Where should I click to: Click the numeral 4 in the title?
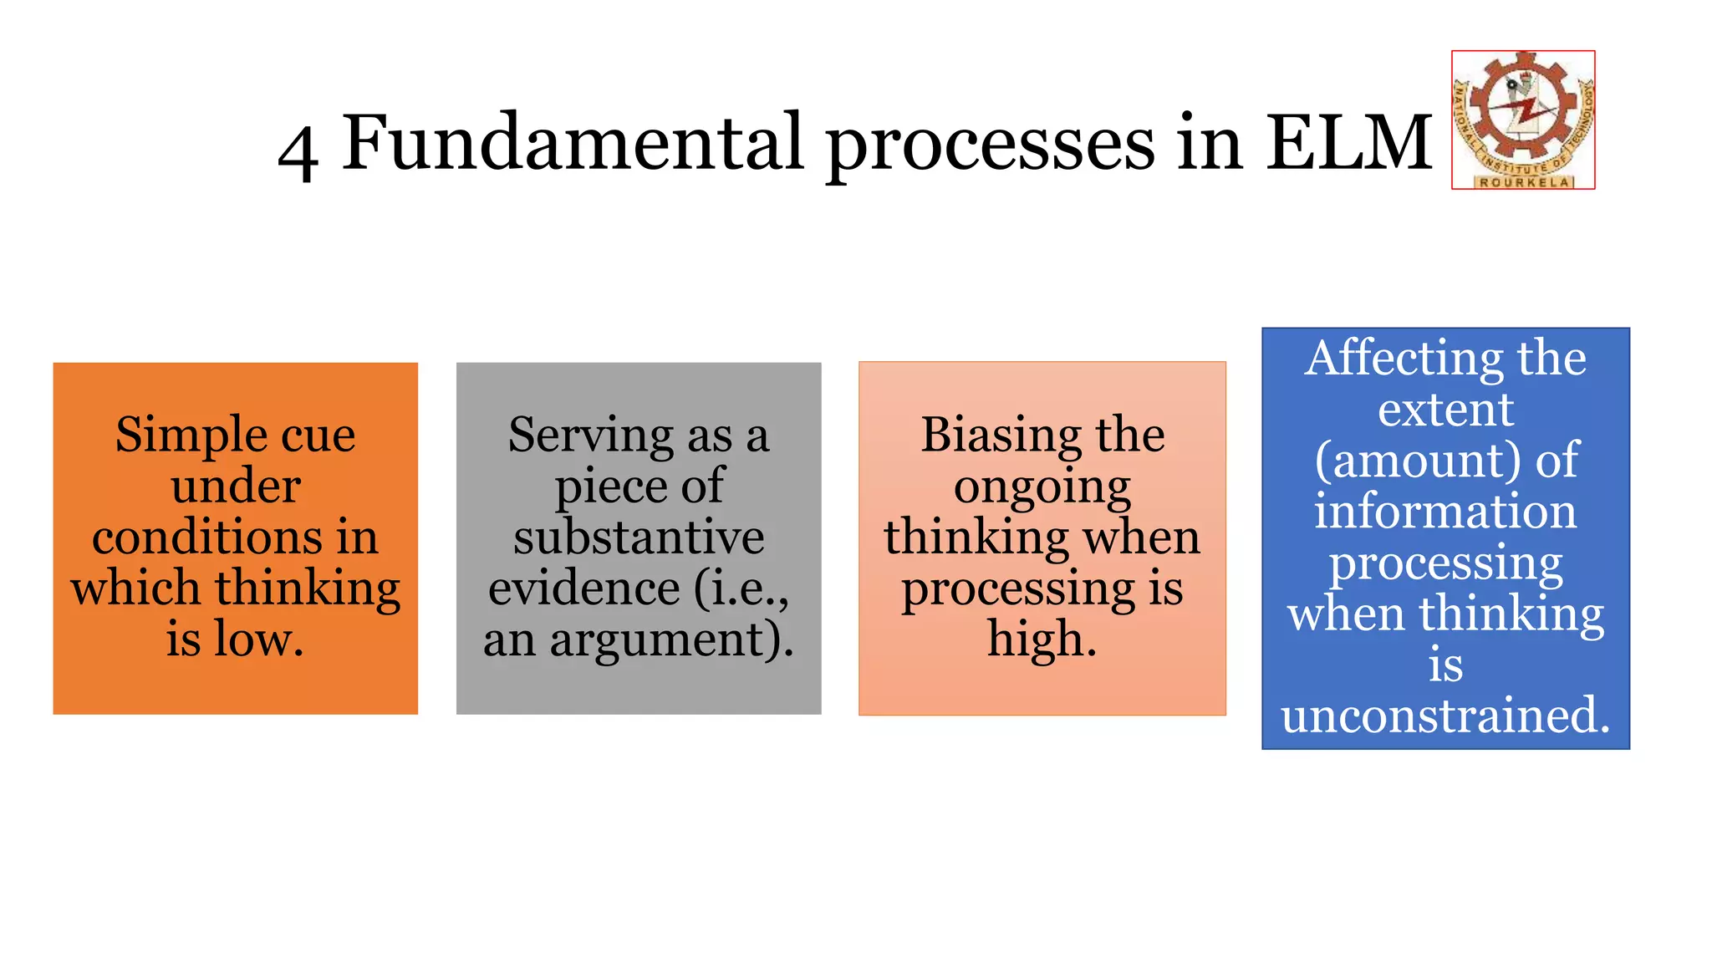point(298,151)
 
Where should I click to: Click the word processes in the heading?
point(991,146)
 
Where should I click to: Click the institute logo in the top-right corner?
point(1523,120)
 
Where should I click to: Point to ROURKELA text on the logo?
point(1524,182)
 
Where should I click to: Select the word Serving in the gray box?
point(590,436)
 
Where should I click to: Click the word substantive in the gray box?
point(639,537)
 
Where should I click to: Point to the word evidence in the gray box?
point(583,588)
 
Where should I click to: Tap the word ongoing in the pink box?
point(1042,488)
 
